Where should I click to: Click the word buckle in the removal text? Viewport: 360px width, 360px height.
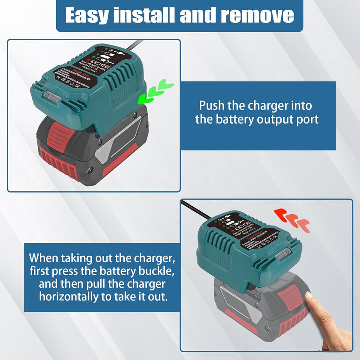(158, 271)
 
